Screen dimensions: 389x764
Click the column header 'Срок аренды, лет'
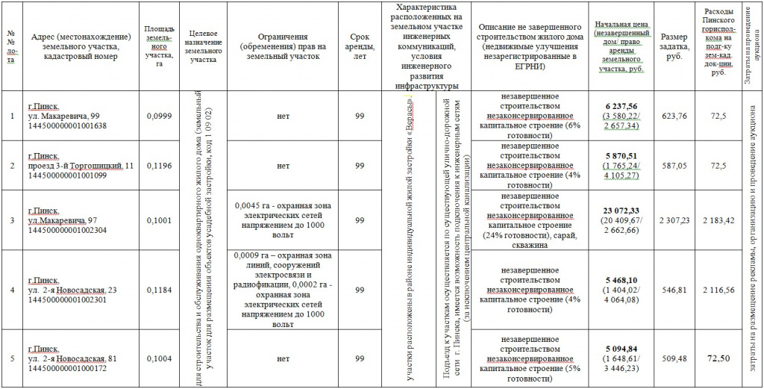pyautogui.click(x=360, y=46)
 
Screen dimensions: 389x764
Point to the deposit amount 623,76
pyautogui.click(x=674, y=116)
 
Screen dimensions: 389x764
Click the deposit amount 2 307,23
pyautogui.click(x=674, y=220)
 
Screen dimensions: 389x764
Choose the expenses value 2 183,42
pyautogui.click(x=718, y=220)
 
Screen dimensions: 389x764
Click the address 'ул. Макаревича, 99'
pyautogui.click(x=63, y=116)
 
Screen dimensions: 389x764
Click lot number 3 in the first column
pyautogui.click(x=11, y=220)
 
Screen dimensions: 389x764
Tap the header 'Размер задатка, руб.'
pyautogui.click(x=674, y=46)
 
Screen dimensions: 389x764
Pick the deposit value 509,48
pyautogui.click(x=674, y=358)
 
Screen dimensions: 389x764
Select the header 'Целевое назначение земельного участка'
pyautogui.click(x=203, y=46)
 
